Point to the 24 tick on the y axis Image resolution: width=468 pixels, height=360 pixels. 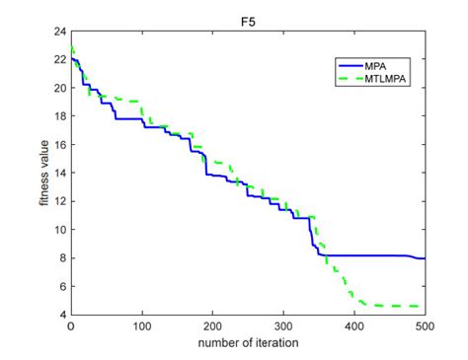tap(61, 32)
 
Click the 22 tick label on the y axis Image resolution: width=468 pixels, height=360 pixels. tap(61, 60)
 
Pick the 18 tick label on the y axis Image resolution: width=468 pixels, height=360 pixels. tap(61, 116)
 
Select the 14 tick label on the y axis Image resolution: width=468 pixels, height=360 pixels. tap(61, 174)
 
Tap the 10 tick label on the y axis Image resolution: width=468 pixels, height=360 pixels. tap(61, 230)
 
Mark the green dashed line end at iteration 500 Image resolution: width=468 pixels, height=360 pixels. tap(425, 306)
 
